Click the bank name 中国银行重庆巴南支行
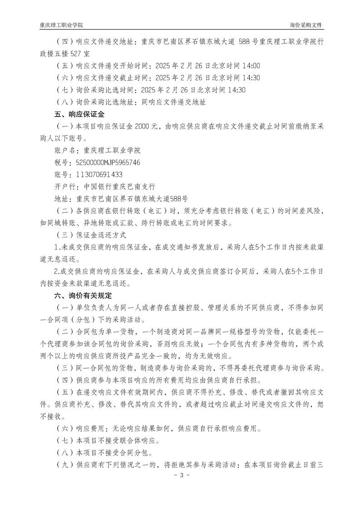116,186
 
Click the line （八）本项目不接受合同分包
104,452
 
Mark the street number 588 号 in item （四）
250,43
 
